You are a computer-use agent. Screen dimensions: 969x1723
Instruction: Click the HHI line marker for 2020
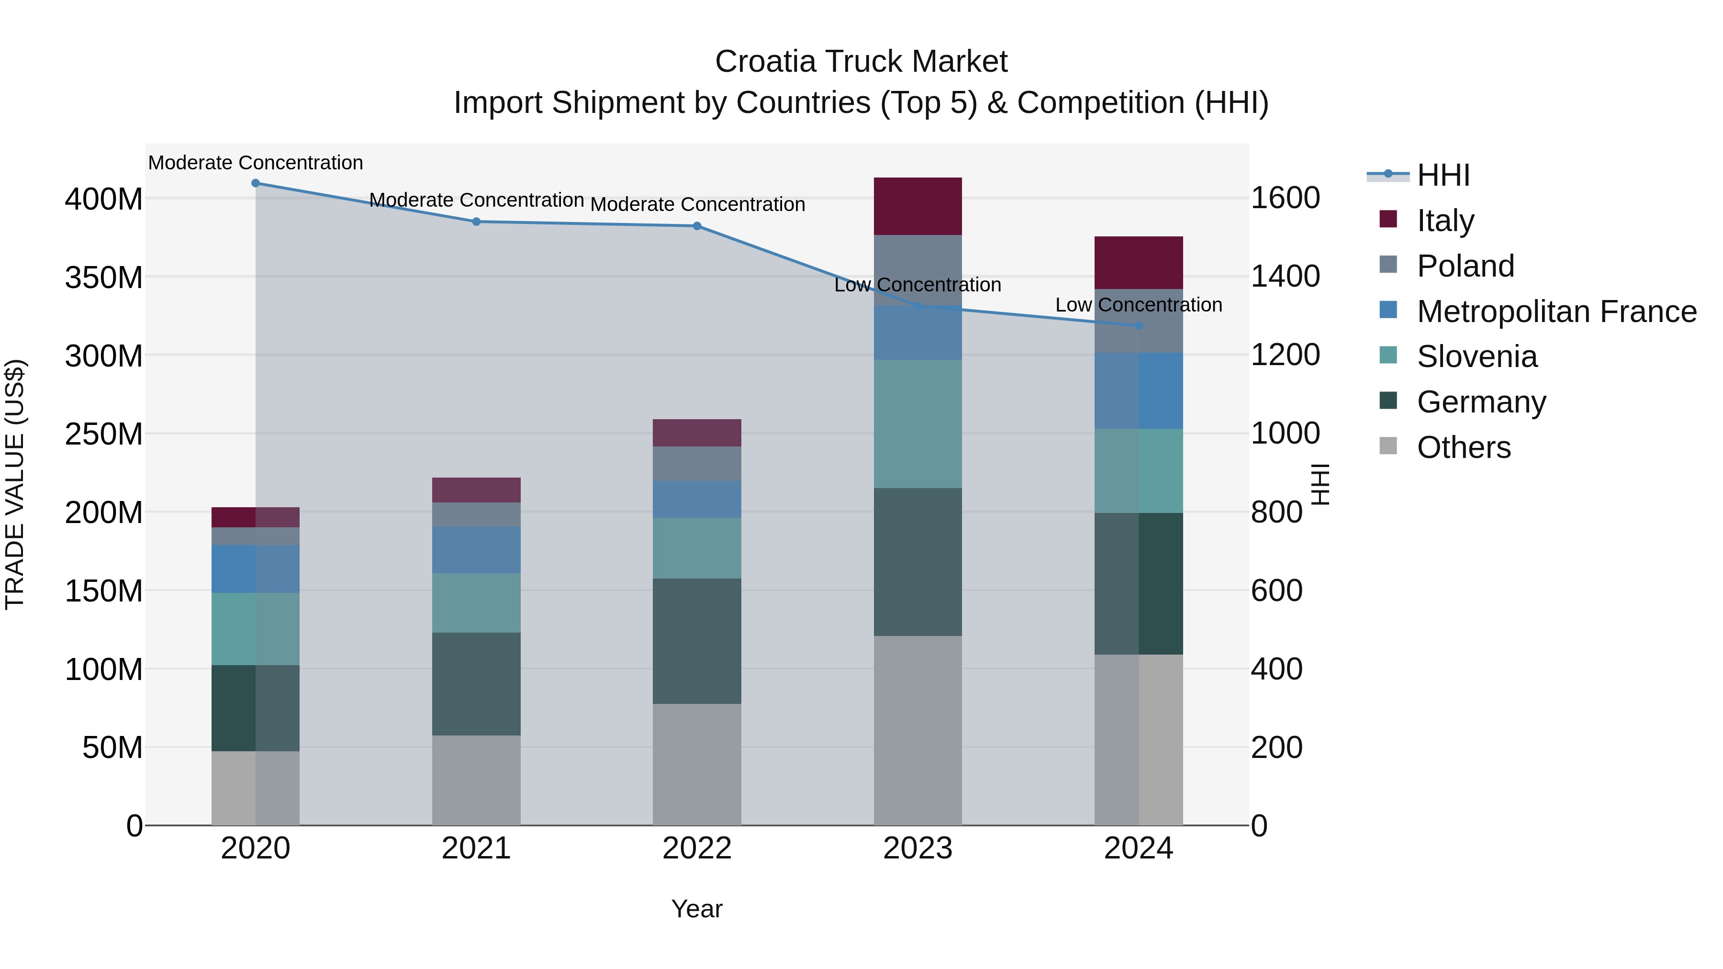point(256,183)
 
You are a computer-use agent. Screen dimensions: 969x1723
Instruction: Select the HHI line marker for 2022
point(697,226)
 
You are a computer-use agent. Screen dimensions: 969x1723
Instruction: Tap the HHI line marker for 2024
point(1139,326)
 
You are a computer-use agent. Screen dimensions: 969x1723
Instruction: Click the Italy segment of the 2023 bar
point(917,206)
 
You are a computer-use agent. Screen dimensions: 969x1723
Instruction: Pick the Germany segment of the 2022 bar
point(697,641)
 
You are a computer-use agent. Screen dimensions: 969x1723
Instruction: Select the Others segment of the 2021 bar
point(476,780)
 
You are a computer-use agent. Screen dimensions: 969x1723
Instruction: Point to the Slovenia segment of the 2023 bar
point(917,424)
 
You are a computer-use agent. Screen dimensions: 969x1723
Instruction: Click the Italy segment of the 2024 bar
point(1139,263)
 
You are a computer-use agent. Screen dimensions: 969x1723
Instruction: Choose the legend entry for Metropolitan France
point(1556,312)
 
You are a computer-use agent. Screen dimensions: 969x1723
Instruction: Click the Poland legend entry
point(1465,266)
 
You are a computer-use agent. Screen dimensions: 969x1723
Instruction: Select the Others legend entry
point(1464,447)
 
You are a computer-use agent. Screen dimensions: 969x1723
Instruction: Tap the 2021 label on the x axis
point(476,848)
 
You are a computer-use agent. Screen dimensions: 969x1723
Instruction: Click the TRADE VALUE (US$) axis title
point(15,484)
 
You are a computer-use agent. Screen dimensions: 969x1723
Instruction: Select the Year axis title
point(697,909)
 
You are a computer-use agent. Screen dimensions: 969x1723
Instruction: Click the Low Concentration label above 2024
point(1139,305)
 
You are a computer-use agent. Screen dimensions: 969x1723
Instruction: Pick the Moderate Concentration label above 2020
point(256,163)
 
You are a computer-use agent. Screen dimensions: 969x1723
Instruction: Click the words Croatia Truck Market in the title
point(861,62)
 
